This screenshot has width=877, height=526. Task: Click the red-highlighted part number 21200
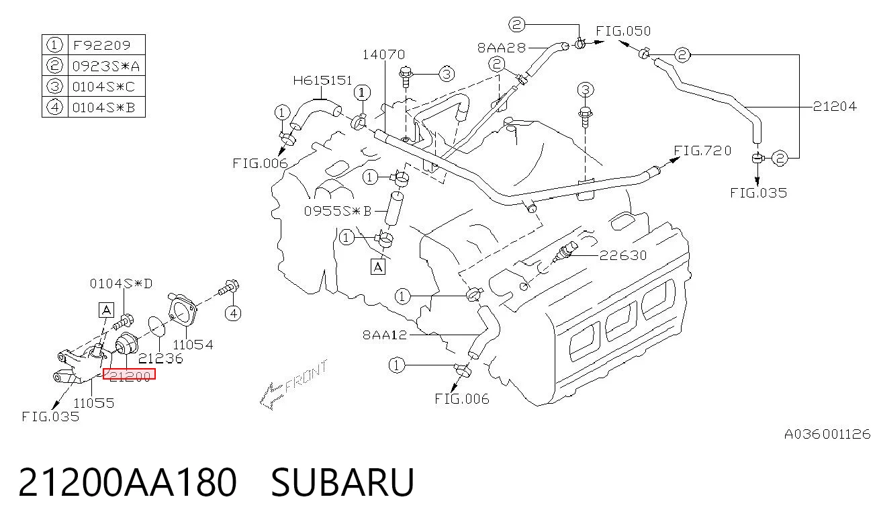pyautogui.click(x=129, y=374)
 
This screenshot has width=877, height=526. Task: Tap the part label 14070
pyautogui.click(x=383, y=54)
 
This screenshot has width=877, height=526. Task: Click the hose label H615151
pyautogui.click(x=322, y=81)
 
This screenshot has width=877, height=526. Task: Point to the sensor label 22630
pyautogui.click(x=623, y=255)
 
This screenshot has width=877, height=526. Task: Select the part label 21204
pyautogui.click(x=835, y=106)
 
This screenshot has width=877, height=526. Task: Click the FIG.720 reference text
pyautogui.click(x=702, y=150)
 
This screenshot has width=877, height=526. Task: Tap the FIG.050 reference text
pyautogui.click(x=623, y=31)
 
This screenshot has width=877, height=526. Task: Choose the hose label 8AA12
pyautogui.click(x=385, y=335)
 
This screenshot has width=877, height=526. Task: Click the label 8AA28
pyautogui.click(x=502, y=48)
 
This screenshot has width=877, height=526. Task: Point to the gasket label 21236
pyautogui.click(x=160, y=358)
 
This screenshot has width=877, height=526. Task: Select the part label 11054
pyautogui.click(x=193, y=345)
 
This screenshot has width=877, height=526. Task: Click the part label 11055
pyautogui.click(x=94, y=402)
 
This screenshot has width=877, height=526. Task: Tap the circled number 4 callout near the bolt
pyautogui.click(x=233, y=313)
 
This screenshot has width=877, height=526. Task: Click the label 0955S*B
pyautogui.click(x=338, y=211)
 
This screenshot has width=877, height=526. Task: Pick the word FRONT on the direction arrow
pyautogui.click(x=307, y=376)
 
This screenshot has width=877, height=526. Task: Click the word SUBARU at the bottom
pyautogui.click(x=342, y=482)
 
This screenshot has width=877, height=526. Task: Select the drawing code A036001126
pyautogui.click(x=827, y=434)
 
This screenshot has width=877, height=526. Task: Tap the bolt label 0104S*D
pyautogui.click(x=122, y=283)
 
